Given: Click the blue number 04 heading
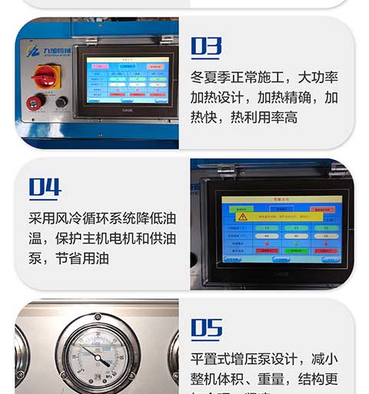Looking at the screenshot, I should click(45, 187).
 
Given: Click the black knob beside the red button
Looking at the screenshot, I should click(61, 101).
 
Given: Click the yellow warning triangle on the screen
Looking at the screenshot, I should click(243, 217).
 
